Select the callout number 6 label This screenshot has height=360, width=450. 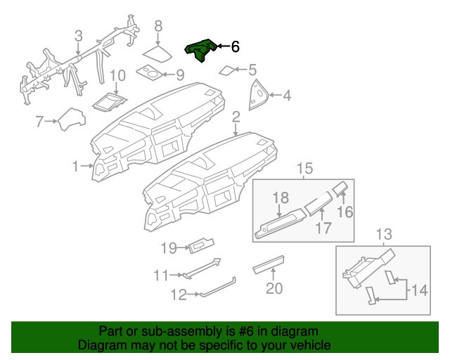235,47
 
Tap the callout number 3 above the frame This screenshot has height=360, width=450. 78,36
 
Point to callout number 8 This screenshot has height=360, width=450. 158,26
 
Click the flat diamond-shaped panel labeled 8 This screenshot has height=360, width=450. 158,54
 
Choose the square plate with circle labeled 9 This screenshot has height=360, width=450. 150,72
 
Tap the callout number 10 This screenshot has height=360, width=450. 117,75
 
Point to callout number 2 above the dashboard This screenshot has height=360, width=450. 236,116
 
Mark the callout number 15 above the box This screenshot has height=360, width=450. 303,168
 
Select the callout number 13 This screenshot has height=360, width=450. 384,234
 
